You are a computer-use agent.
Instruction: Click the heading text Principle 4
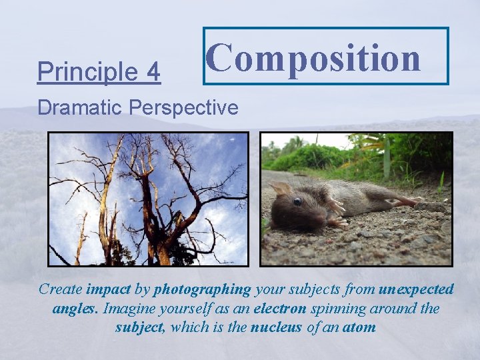[99, 72]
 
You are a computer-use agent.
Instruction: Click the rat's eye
[297, 201]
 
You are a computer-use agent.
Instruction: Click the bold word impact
[108, 289]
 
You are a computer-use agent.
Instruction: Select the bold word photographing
[202, 289]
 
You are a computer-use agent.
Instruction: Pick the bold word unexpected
[416, 289]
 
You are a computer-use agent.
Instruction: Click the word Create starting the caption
[61, 289]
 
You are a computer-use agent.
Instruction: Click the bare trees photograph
[148, 199]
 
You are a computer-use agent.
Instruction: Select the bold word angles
[75, 308]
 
